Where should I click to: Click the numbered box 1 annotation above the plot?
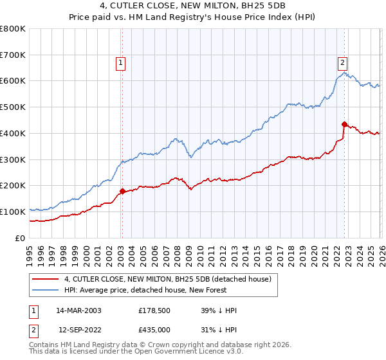click(x=121, y=62)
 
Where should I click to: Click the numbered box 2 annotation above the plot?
click(x=342, y=62)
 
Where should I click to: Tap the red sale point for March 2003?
click(x=122, y=191)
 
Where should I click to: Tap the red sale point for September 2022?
click(x=344, y=124)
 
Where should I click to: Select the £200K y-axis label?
click(x=13, y=186)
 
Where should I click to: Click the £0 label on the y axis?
click(x=21, y=238)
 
